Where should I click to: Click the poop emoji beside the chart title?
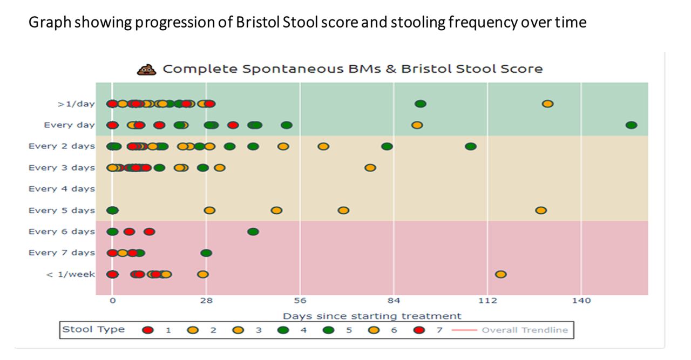146,69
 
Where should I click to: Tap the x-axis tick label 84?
394,301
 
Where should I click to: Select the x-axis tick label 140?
581,301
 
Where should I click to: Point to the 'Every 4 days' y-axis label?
62,189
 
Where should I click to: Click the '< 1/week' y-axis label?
70,274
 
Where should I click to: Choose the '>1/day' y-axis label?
76,104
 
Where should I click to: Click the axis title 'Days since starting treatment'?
372,316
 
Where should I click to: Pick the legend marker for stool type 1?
148,330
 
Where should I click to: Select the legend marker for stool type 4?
283,330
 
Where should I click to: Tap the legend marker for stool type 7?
419,330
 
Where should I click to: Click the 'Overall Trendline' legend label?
525,330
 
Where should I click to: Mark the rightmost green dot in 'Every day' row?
631,125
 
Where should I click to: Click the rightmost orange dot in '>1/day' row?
547,104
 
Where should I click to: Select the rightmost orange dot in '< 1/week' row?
500,274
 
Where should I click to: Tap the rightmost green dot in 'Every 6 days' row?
253,232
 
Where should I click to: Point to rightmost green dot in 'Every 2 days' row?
470,146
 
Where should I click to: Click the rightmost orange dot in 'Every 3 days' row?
370,168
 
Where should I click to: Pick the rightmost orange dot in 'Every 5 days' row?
541,210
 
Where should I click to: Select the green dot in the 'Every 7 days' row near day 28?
206,253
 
